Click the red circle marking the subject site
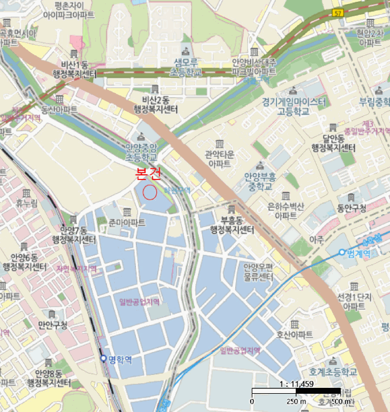tap(149, 192)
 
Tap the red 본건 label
tap(148, 174)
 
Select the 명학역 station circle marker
tap(104, 358)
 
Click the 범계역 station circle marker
tap(342, 252)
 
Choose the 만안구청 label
tap(52, 325)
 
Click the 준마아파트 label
tap(126, 222)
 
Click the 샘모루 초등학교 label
tap(186, 67)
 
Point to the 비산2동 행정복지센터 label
tap(155, 104)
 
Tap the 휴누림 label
tap(26, 204)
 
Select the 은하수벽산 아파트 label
tap(286, 211)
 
